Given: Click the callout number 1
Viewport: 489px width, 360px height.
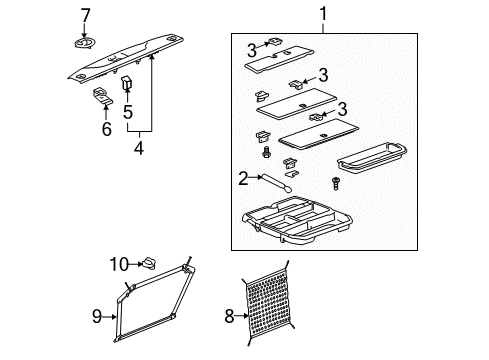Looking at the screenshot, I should point(323,14).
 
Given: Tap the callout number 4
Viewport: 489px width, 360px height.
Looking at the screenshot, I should point(139,149).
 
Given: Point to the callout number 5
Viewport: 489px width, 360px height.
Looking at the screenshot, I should point(128,112).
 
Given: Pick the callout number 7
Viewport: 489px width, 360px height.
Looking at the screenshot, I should point(85,15).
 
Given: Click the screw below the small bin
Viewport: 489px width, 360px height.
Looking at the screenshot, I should point(335,183).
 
